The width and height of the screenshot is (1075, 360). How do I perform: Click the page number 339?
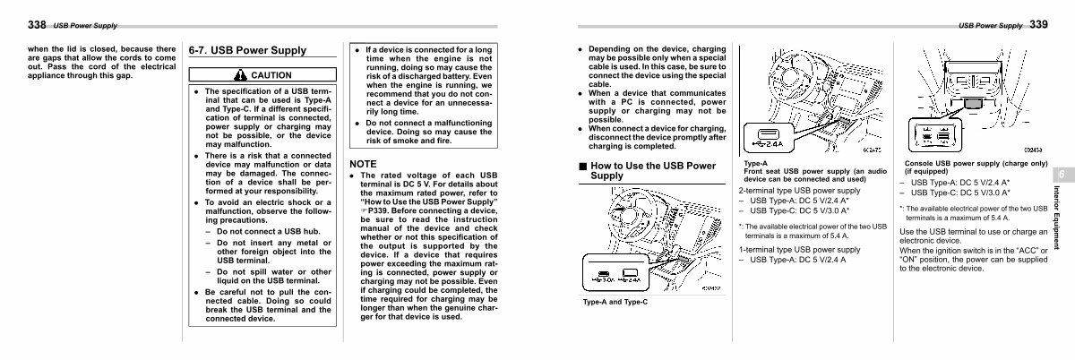(x=1038, y=24)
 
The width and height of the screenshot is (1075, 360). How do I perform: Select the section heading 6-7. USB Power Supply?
(x=246, y=51)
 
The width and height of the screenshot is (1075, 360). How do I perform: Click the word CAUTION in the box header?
(x=271, y=75)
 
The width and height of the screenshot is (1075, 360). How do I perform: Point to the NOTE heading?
(x=363, y=164)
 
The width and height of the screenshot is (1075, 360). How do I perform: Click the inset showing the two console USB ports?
(x=934, y=136)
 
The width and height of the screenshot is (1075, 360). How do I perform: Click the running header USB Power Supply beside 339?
(x=991, y=25)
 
